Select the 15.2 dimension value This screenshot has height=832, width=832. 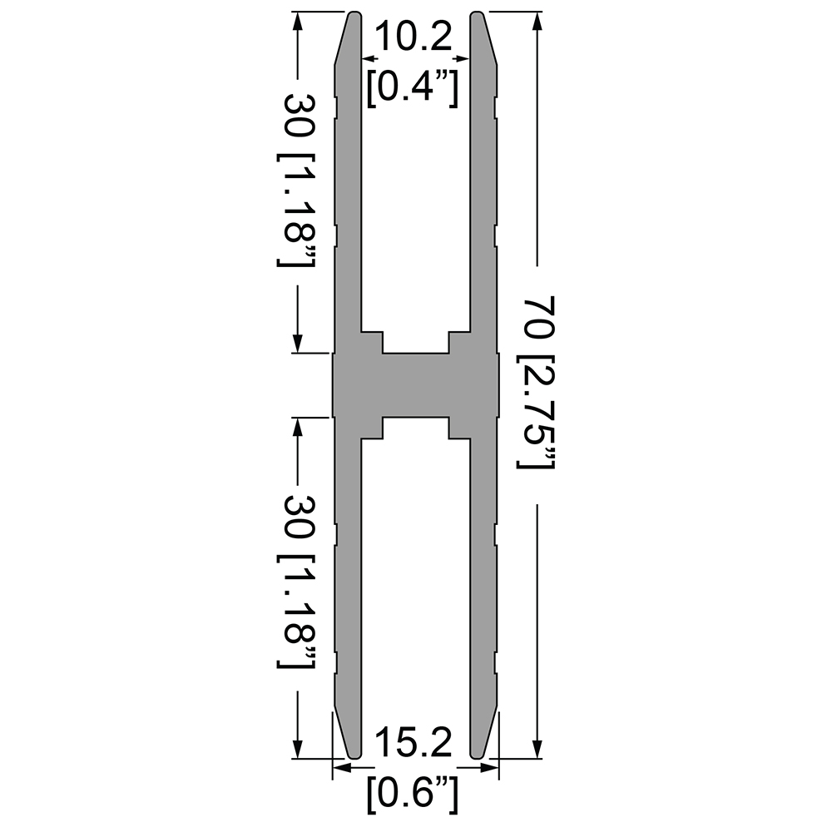[414, 742]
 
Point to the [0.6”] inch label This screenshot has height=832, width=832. [413, 793]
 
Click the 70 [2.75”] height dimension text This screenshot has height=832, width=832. [536, 383]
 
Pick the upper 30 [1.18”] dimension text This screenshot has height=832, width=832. [296, 180]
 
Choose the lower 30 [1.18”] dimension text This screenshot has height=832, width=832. [296, 582]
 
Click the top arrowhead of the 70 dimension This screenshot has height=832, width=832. [538, 22]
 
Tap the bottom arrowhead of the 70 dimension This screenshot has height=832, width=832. [538, 748]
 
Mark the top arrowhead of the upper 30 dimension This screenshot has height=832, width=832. [298, 22]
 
